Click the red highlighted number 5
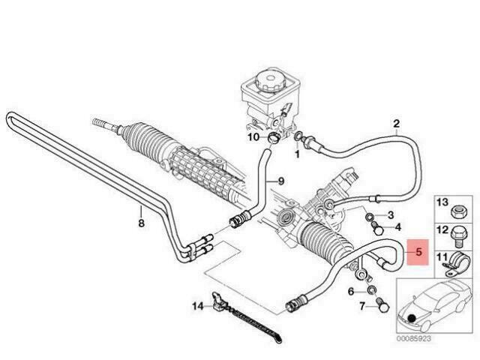[418, 252]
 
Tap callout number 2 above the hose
[396, 124]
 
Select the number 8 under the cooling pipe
[141, 223]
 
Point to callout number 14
[198, 306]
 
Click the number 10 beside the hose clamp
[253, 136]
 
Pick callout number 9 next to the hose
[281, 181]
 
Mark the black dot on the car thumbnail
[412, 319]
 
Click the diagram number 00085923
[414, 338]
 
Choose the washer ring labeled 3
[370, 217]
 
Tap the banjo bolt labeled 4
[377, 228]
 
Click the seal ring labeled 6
[372, 289]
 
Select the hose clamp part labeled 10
[274, 138]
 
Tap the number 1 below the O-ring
[297, 154]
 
